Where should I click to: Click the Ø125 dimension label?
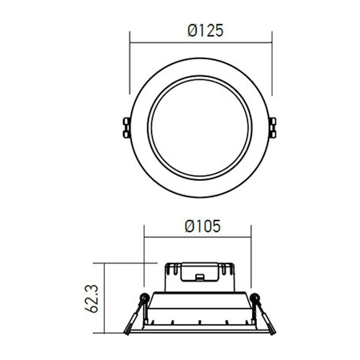tap(205, 31)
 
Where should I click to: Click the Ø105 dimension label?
tap(202, 226)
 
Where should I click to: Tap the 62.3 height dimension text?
tap(91, 298)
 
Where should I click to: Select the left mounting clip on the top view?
tap(126, 127)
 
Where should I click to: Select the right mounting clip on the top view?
tap(272, 127)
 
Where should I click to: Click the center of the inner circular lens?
tap(199, 127)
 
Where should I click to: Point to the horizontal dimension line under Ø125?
tap(201, 43)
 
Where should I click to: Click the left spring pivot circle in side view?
tap(144, 297)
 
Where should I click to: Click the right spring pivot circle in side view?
tap(255, 297)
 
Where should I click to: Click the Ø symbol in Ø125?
tap(192, 31)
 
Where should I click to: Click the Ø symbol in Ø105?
tap(189, 226)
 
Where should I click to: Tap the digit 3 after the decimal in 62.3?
tap(91, 287)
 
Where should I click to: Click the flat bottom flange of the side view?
tap(199, 331)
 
